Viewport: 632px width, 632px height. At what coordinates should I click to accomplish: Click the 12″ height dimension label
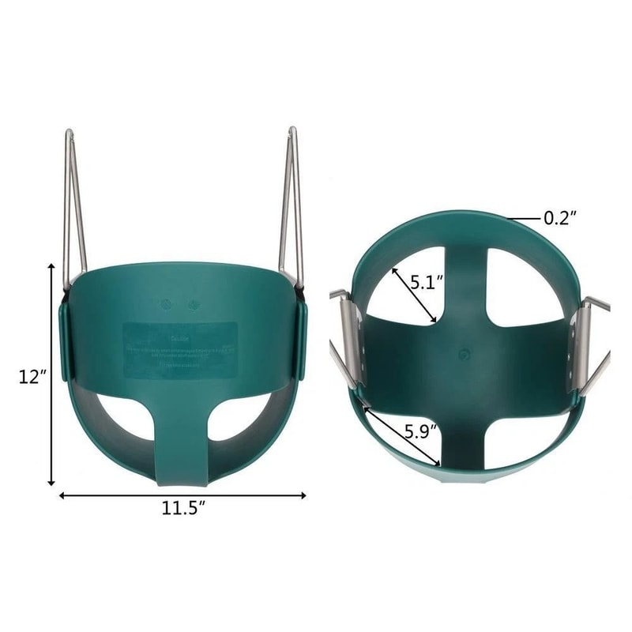coord(32,377)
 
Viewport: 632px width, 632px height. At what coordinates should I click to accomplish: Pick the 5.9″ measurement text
coord(421,431)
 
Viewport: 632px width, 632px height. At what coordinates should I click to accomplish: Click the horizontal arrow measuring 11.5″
coord(182,495)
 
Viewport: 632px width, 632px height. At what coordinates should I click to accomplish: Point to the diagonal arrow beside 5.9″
coord(402,435)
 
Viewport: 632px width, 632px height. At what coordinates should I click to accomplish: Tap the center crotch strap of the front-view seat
coord(182,442)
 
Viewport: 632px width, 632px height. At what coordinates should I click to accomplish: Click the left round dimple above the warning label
coord(167,303)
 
